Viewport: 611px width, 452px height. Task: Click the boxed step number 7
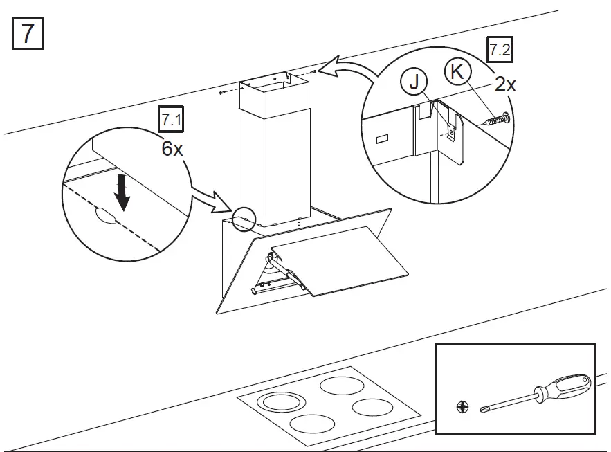(x=28, y=33)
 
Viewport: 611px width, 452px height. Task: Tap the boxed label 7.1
(x=171, y=120)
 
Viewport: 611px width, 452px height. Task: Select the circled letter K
(x=456, y=71)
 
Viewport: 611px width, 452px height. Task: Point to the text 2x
(x=505, y=85)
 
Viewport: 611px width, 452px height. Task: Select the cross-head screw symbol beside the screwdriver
(x=462, y=408)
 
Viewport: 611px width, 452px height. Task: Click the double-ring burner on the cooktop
(x=281, y=401)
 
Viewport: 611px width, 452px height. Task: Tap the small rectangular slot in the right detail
(x=383, y=139)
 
